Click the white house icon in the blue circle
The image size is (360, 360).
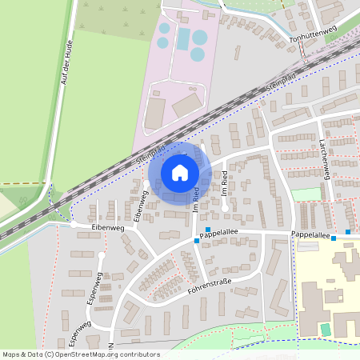(x=179, y=172)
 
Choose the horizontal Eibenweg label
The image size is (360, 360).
(x=108, y=228)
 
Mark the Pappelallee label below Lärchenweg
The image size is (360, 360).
(x=311, y=235)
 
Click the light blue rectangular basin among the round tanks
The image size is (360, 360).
(x=183, y=38)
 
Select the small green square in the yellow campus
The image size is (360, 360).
(x=325, y=329)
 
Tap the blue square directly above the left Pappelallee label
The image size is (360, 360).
(x=208, y=230)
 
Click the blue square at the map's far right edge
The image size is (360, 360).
(x=348, y=232)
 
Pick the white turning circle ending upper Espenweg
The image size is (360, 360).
(x=102, y=255)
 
